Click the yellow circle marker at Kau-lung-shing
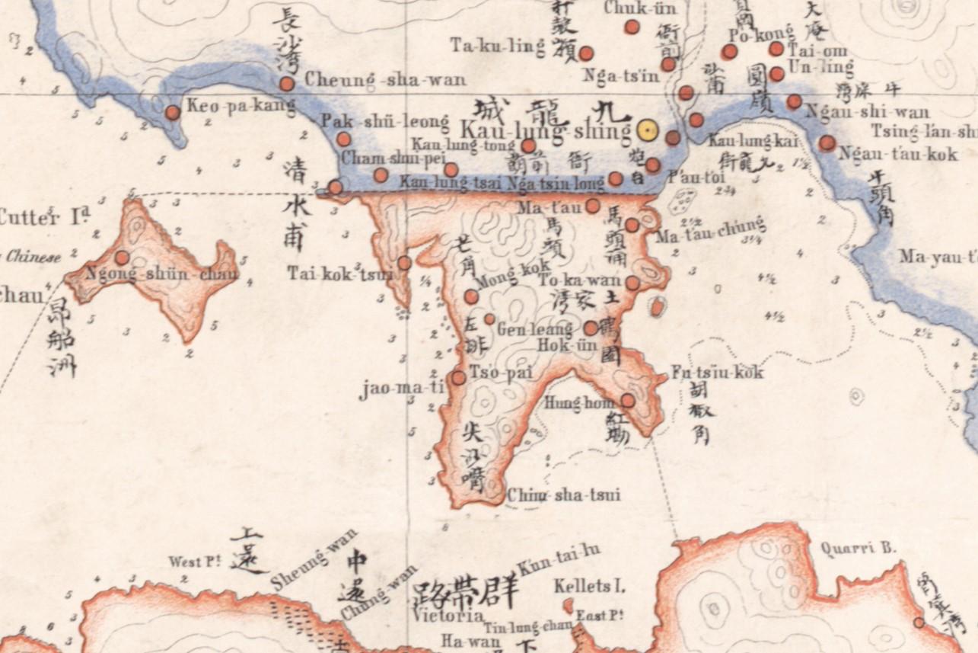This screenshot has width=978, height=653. tap(648, 131)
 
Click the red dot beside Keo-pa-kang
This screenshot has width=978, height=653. tap(173, 113)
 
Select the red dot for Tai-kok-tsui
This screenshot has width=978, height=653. tap(404, 263)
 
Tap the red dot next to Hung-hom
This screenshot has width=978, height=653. tap(628, 400)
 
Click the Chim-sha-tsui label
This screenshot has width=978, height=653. tap(563, 495)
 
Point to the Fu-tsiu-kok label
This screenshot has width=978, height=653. tap(717, 373)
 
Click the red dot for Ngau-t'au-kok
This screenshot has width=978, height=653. tap(827, 142)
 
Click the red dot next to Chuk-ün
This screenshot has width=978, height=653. tap(632, 27)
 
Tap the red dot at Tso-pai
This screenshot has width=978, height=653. tap(458, 377)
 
